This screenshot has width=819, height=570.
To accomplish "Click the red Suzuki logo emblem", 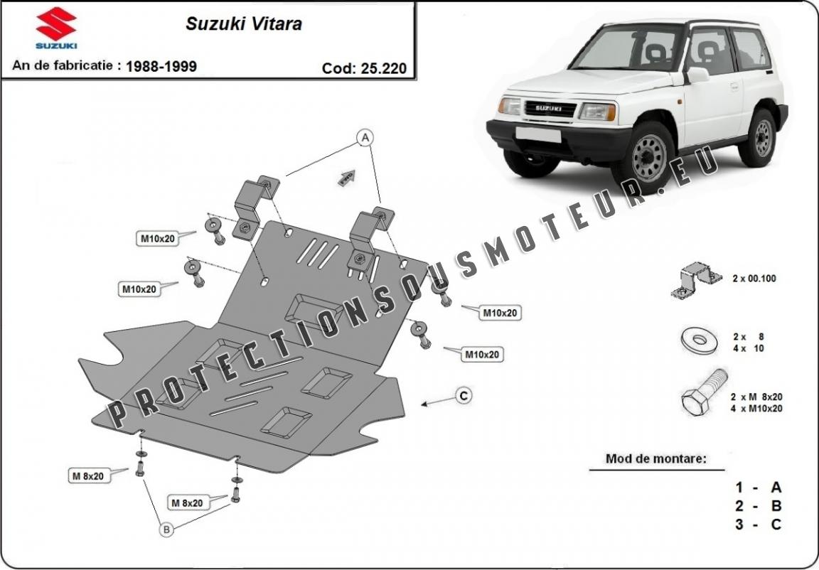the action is (x=56, y=23).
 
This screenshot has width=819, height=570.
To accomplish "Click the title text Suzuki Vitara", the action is (x=244, y=24).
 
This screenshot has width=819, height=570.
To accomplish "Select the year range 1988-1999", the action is (x=161, y=66).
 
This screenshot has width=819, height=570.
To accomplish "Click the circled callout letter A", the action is (x=365, y=137).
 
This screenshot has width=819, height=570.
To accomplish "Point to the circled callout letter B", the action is (x=166, y=529).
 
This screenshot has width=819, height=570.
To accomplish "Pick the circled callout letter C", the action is (x=464, y=396).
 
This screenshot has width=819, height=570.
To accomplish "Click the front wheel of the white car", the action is (x=648, y=156).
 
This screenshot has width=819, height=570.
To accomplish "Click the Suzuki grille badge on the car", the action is (x=548, y=109).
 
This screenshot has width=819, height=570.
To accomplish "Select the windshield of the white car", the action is (x=627, y=48).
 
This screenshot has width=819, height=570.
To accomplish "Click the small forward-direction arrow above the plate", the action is (x=346, y=178).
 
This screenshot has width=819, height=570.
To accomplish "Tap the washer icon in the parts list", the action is (x=700, y=340).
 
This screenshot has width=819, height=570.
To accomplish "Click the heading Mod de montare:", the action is (x=655, y=459).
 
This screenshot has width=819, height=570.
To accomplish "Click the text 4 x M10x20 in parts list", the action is (x=756, y=408).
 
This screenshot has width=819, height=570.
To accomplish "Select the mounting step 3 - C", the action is (x=759, y=524).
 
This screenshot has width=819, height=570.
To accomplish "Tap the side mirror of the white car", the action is (x=698, y=75).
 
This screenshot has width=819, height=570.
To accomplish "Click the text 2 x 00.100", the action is (x=754, y=279).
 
